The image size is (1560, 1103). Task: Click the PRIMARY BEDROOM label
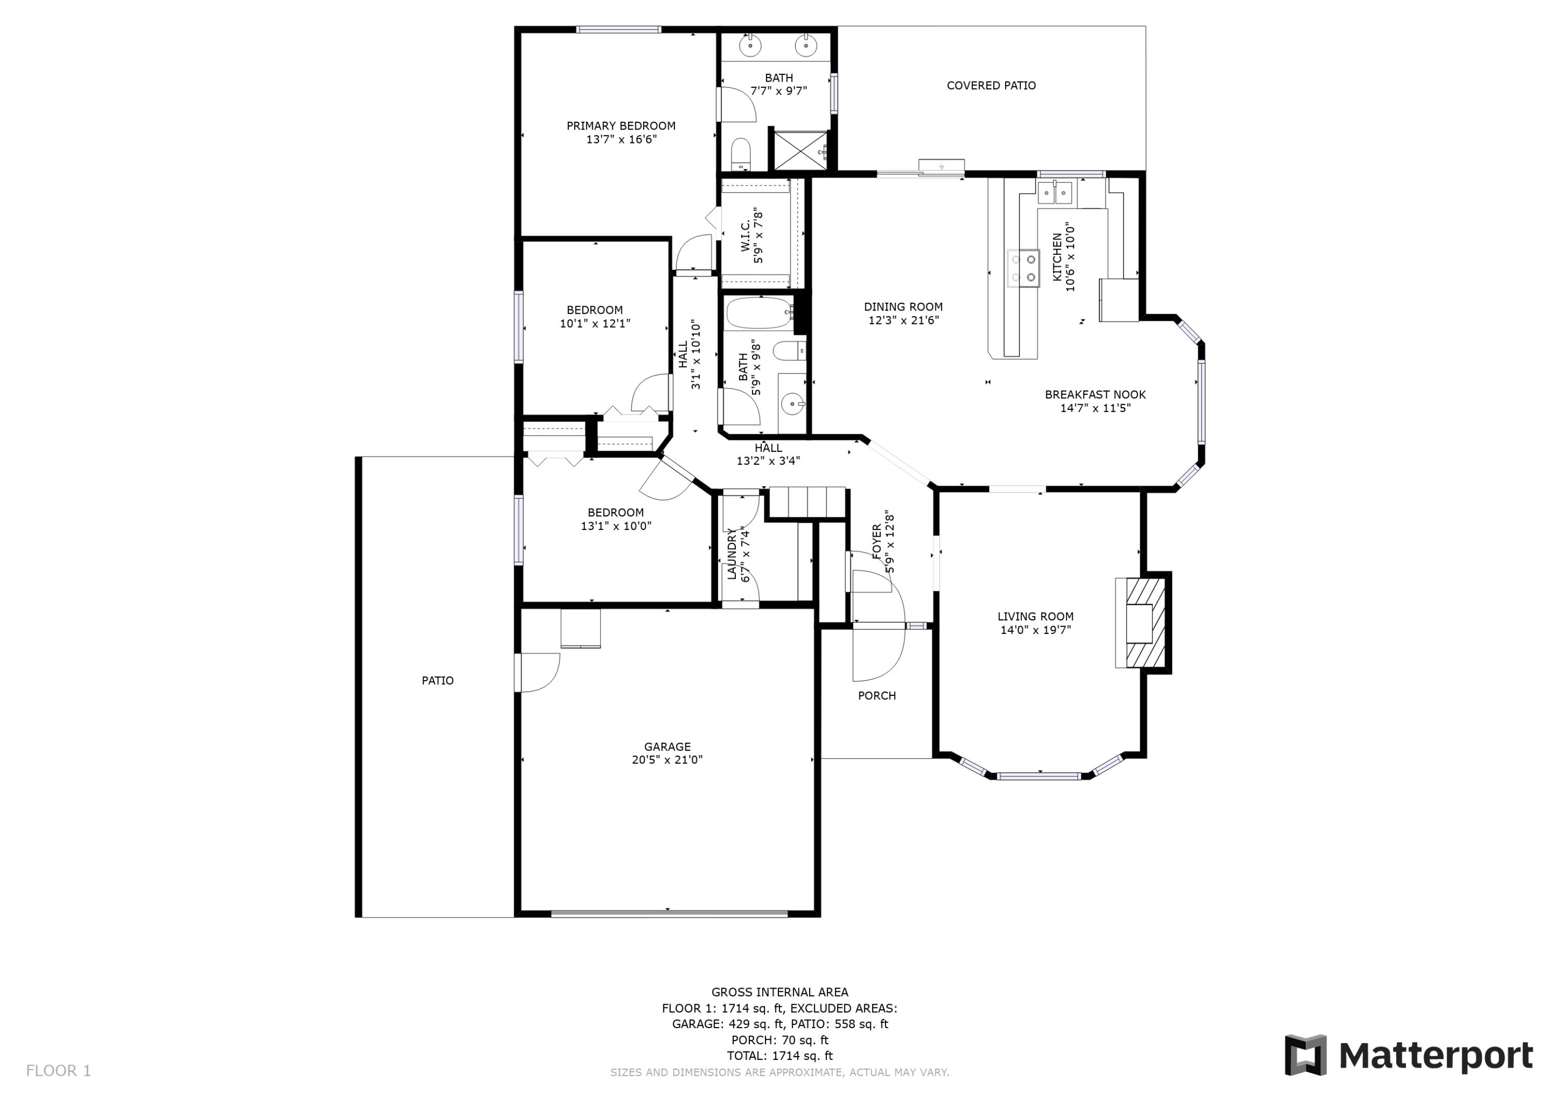tap(620, 126)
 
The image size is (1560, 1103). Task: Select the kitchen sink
tap(1054, 193)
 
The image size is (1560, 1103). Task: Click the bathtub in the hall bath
tap(759, 313)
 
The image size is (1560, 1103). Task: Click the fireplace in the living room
tap(1141, 622)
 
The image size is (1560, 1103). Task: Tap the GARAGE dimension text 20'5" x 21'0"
tap(667, 760)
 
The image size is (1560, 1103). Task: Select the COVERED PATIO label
tap(991, 86)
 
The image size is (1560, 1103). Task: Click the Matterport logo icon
tap(1305, 1056)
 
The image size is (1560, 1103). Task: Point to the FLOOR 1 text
tap(58, 1071)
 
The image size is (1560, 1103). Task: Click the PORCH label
tap(877, 695)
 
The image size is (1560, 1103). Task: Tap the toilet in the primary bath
tap(740, 154)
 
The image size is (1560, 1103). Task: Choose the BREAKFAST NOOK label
tap(1095, 394)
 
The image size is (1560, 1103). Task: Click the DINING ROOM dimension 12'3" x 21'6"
tap(903, 320)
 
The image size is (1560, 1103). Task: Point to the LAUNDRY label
tap(733, 554)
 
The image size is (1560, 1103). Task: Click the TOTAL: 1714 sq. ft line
tap(779, 1056)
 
